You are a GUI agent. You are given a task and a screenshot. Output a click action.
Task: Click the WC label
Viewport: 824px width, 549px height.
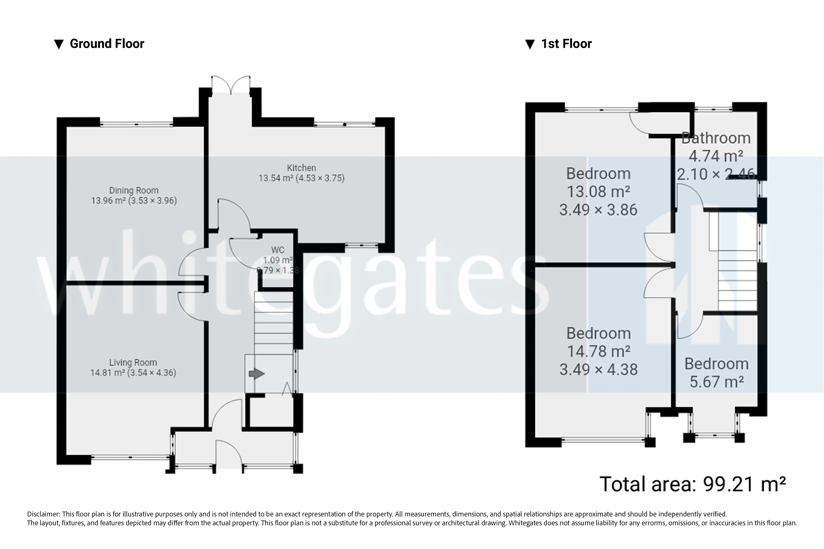pyautogui.click(x=278, y=250)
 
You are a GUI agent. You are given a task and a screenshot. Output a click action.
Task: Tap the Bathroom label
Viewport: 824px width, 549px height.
pyautogui.click(x=716, y=138)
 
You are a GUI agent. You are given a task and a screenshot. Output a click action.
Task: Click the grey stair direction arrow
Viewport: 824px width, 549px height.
pyautogui.click(x=257, y=374)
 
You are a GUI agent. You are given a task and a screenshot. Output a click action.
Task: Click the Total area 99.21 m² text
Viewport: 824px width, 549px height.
pyautogui.click(x=693, y=484)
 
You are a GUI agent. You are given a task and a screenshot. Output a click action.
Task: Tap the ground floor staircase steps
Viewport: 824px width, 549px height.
pyautogui.click(x=273, y=322)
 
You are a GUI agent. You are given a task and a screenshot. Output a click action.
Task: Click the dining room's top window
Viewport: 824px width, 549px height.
pyautogui.click(x=136, y=124)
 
